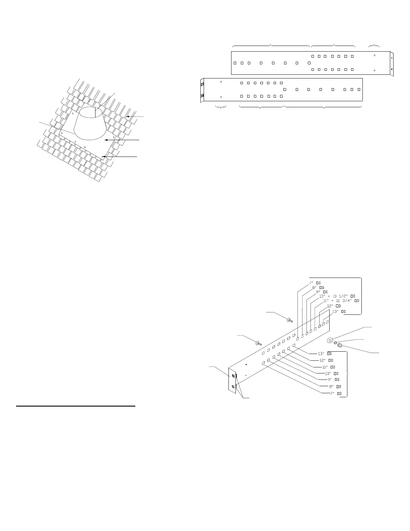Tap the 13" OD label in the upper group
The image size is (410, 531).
point(339,311)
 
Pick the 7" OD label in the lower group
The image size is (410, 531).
point(335,393)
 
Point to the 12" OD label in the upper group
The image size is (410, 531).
point(334,306)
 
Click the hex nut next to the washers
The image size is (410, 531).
point(339,345)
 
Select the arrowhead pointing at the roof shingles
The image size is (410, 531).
point(128,116)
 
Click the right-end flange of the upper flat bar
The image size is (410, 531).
point(392,64)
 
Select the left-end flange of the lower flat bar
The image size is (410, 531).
point(202,90)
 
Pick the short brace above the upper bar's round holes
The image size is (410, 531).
point(374,46)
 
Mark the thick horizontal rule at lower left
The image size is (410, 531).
point(76,406)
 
